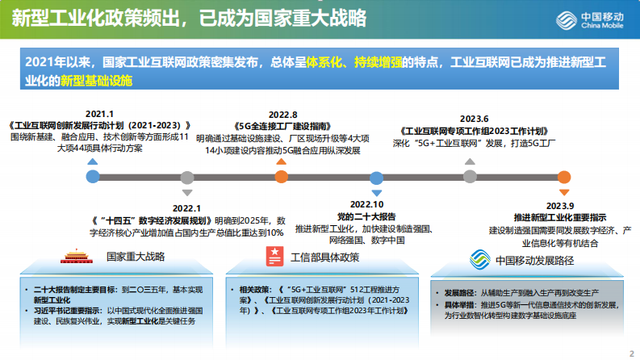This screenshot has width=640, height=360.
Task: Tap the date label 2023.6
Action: tap(474, 118)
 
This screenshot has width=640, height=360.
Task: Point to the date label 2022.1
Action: tap(186, 208)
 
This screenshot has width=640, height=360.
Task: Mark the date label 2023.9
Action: tap(559, 206)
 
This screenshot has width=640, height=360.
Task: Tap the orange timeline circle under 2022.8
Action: tap(282, 177)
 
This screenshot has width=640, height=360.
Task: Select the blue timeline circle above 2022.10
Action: tap(376, 177)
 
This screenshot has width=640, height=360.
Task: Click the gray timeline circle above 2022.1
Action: tap(187, 177)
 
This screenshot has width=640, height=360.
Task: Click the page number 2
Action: tap(630, 353)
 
